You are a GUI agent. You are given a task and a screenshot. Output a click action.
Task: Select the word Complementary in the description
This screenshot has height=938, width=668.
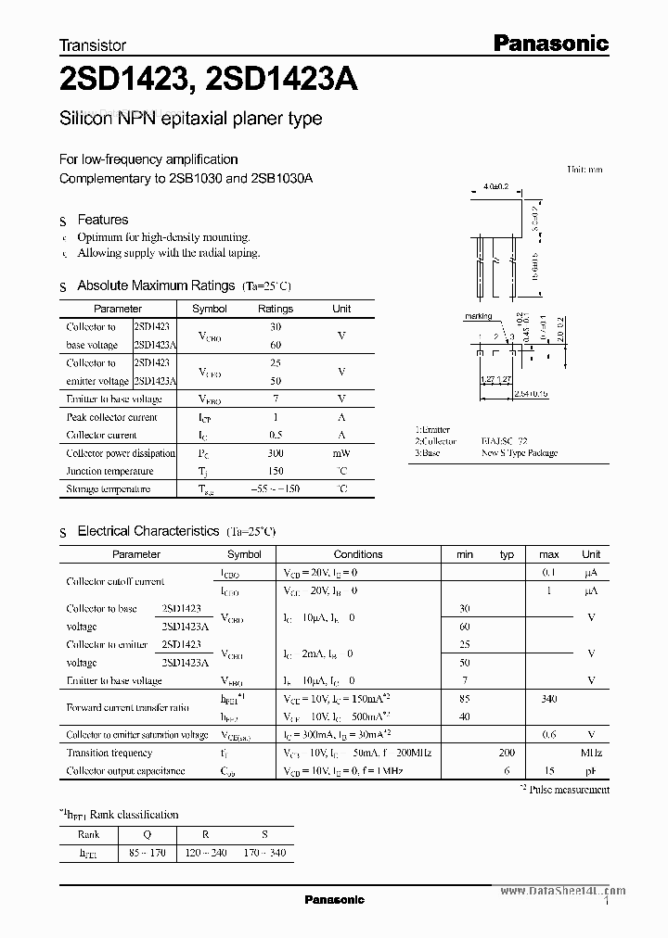tap(101, 178)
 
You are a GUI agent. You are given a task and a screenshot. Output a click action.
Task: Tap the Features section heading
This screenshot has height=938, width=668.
tap(102, 220)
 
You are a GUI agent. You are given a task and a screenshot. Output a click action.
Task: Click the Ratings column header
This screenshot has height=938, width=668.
tap(275, 309)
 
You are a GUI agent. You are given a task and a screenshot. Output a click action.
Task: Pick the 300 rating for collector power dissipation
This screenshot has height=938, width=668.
tap(276, 453)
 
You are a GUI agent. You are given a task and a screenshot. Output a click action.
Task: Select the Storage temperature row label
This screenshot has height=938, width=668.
tap(108, 488)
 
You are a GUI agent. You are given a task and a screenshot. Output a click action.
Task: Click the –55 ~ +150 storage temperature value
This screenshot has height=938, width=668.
tap(276, 488)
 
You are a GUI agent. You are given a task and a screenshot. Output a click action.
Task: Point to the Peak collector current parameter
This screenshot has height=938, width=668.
tap(110, 417)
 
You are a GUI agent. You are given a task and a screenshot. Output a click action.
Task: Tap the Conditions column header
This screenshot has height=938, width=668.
tap(357, 554)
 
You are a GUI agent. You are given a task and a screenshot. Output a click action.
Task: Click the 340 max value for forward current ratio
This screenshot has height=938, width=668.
tap(549, 699)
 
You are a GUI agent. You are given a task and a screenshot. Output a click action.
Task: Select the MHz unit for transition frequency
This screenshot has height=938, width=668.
tap(591, 753)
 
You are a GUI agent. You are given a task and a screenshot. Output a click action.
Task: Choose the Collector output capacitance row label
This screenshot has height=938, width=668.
tap(122, 770)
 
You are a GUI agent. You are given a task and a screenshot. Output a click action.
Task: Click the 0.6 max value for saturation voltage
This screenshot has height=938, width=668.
tap(549, 734)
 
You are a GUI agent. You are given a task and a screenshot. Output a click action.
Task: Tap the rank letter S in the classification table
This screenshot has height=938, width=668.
tap(264, 833)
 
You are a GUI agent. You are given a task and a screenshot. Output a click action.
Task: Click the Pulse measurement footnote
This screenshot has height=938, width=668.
tap(569, 790)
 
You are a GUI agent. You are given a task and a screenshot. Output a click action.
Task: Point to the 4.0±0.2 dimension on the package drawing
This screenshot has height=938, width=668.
tap(496, 187)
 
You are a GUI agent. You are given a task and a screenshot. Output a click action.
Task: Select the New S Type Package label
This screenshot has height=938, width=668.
tap(520, 453)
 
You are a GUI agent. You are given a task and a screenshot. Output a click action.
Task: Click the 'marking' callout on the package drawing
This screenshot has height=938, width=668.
tap(478, 316)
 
